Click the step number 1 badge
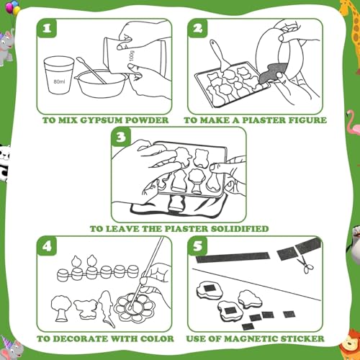click(47, 28)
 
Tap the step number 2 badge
click(197, 28)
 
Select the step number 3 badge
click(122, 137)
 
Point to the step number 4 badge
click(47, 246)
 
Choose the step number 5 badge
click(197, 246)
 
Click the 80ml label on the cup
click(59, 82)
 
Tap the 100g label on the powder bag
click(132, 56)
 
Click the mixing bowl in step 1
click(102, 84)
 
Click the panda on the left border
click(5, 161)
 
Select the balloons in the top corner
click(14, 8)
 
